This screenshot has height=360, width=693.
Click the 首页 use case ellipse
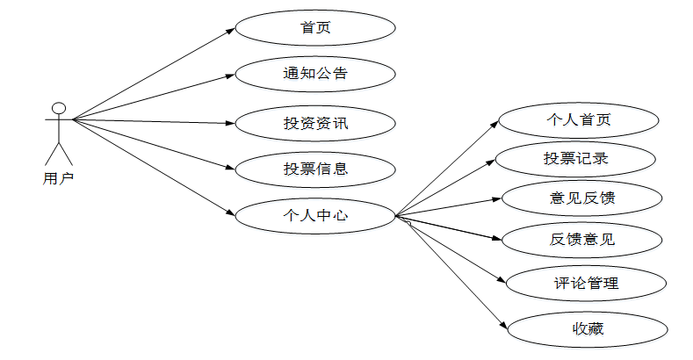point(315,28)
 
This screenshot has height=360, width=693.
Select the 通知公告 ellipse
point(315,73)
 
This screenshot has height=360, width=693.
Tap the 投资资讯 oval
point(315,122)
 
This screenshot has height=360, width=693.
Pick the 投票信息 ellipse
point(315,168)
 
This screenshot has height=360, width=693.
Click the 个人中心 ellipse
point(315,215)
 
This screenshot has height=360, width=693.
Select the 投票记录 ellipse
point(575,159)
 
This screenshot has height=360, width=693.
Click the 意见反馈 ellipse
point(581,198)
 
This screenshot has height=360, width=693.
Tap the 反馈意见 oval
point(581,238)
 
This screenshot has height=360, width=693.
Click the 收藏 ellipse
point(586,329)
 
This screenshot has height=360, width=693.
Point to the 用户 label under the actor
point(58,178)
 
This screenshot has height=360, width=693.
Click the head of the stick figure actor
point(59,109)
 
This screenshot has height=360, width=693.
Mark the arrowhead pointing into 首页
point(232,30)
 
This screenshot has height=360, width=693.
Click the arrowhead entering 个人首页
point(495,124)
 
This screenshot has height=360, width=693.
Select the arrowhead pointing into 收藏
point(504,327)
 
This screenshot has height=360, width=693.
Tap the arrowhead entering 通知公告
point(231,76)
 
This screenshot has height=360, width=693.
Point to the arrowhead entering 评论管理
point(503,282)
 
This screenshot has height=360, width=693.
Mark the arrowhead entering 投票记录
point(493,162)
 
